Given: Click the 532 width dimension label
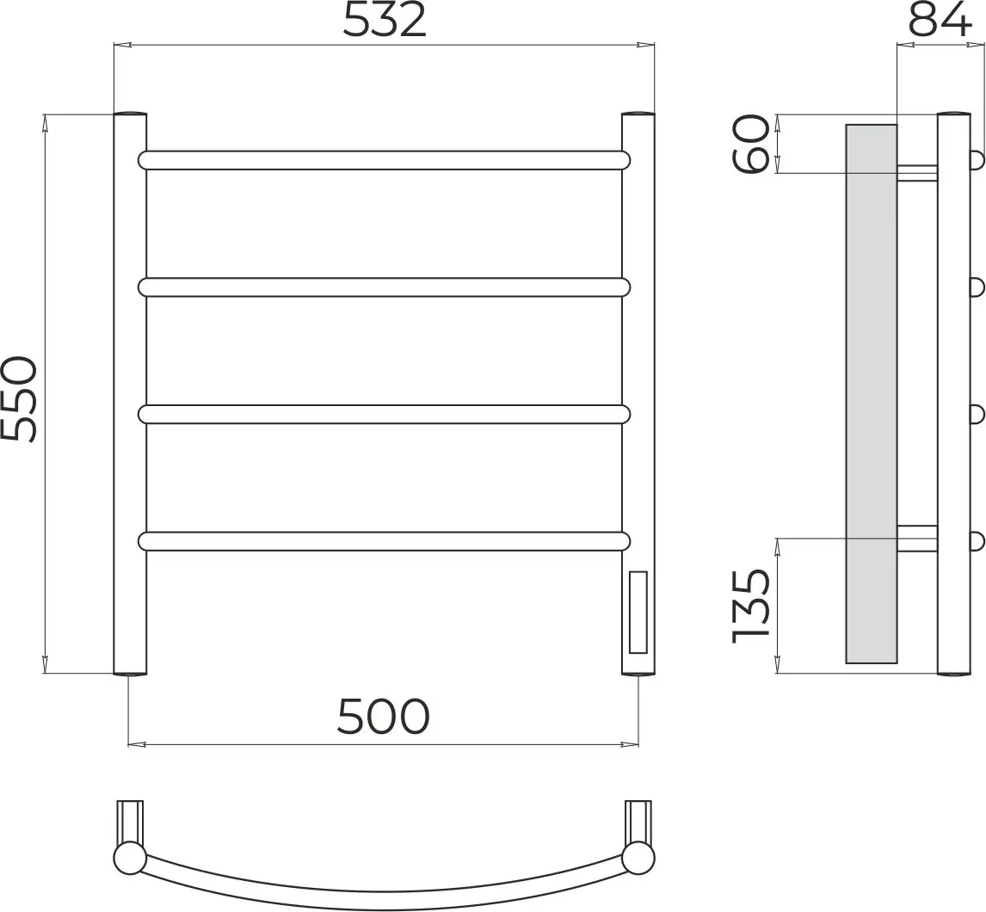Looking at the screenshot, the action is [385, 20].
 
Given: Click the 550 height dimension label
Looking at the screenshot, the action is [19, 398].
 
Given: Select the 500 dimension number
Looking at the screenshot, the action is [383, 716].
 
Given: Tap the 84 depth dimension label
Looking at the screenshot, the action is [940, 20].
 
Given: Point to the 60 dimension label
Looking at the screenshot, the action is [751, 144].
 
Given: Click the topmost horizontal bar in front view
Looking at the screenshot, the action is [384, 160].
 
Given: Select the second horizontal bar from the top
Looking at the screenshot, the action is [384, 287].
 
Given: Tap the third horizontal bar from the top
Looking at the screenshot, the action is [384, 415].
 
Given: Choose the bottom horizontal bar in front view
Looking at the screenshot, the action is [384, 541].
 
